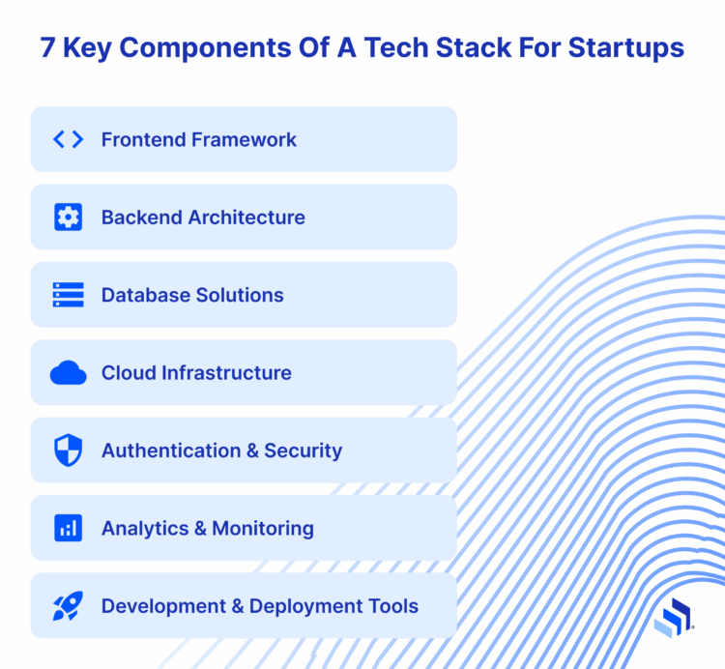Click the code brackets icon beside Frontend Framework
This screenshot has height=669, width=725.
68,139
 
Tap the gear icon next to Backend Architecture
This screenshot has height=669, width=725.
68,218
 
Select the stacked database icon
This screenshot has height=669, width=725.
68,295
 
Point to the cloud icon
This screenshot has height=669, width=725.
68,373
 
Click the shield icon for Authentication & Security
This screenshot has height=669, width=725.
68,451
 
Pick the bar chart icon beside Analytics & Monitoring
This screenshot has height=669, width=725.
68,529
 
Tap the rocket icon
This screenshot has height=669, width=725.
68,606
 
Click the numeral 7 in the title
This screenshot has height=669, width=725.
48,48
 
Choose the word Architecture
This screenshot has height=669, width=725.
246,218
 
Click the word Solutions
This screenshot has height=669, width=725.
238,295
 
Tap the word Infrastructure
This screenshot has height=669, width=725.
231,373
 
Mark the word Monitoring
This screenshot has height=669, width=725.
263,529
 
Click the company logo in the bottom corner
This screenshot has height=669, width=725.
673,618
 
